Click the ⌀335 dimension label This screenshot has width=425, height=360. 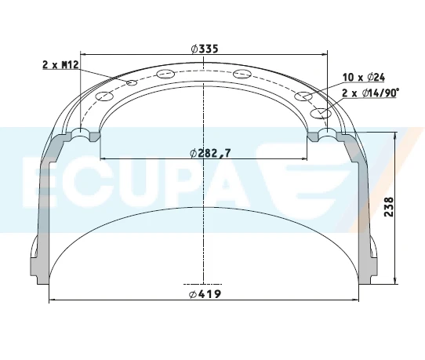204,49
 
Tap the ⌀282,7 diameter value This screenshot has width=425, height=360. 209,153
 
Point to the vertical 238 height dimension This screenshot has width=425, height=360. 388,207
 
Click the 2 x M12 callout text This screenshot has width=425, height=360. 60,65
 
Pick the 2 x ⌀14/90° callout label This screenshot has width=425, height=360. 371,92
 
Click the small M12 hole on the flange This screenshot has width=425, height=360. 132,83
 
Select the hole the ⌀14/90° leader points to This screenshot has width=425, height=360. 320,113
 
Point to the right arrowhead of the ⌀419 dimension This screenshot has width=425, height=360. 357,300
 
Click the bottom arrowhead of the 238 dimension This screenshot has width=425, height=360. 394,278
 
